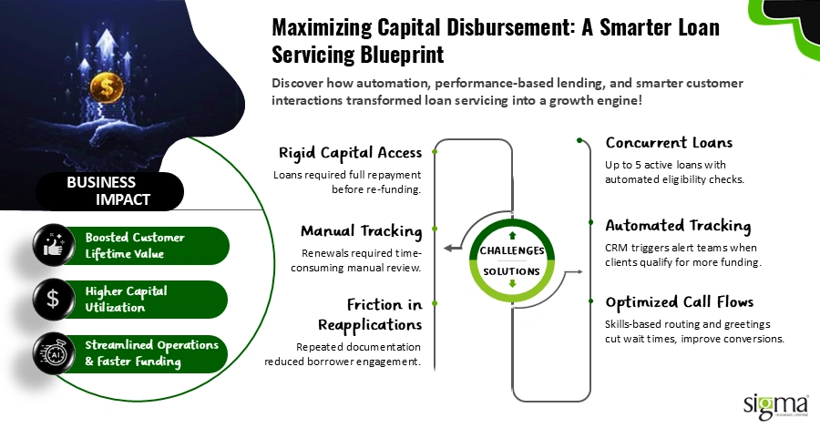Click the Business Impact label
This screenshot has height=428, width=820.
click(110, 190)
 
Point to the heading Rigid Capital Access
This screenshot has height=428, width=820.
click(350, 152)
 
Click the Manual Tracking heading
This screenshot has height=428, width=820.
click(361, 230)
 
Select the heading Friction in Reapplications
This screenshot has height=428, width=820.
click(369, 314)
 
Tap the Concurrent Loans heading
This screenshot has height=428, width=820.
click(669, 143)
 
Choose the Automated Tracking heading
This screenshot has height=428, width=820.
click(678, 225)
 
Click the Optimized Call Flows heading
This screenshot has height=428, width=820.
click(680, 302)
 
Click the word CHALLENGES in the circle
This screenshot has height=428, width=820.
click(511, 250)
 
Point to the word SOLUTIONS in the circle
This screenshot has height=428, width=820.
click(511, 271)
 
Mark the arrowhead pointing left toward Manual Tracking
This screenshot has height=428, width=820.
click(446, 247)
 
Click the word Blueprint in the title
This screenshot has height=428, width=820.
click(396, 55)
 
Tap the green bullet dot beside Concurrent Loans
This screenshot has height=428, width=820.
click(579, 141)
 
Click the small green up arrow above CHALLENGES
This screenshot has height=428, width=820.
click(512, 223)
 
